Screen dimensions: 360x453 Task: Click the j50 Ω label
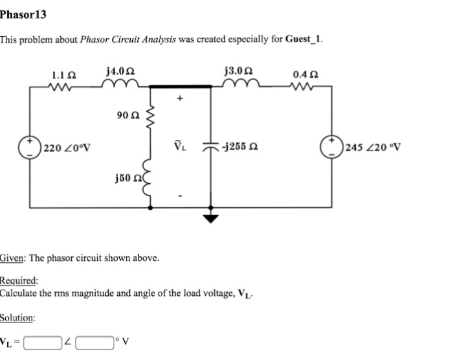[x=127, y=176]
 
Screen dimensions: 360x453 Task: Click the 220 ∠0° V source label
[x=67, y=146]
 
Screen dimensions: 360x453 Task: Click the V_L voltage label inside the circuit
[x=181, y=146]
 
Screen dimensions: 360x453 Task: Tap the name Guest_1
[x=302, y=39]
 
